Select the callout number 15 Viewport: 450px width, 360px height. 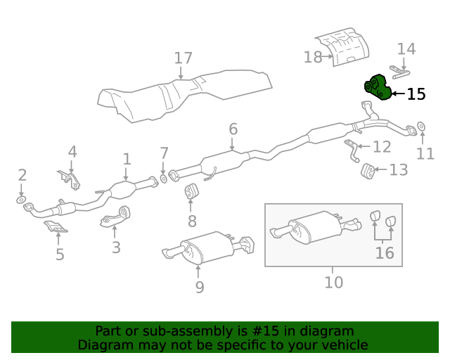416,94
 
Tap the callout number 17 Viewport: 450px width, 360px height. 182,58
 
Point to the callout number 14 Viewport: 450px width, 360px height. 406,49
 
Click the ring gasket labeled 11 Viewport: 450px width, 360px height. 421,127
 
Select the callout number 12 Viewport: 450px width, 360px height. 382,147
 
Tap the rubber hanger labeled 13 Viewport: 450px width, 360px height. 366,169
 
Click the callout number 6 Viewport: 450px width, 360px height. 233,129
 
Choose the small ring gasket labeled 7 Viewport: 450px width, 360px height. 164,179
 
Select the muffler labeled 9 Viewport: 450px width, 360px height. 204,249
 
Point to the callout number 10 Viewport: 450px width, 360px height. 333,282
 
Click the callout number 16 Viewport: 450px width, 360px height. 384,252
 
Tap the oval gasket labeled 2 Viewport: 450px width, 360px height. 22,203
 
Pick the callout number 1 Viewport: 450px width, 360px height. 127,159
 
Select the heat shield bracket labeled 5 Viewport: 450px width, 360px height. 56,227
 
